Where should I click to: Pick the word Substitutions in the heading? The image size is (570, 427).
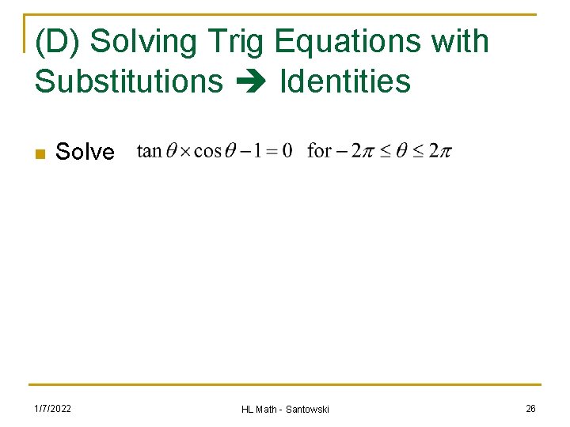pyautogui.click(x=129, y=81)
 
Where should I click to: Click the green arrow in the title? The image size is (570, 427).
pyautogui.click(x=251, y=81)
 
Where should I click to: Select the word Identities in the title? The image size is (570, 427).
pyautogui.click(x=345, y=81)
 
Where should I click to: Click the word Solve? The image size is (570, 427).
pyautogui.click(x=85, y=152)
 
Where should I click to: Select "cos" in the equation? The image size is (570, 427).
pyautogui.click(x=207, y=150)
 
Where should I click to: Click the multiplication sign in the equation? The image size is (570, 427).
pyautogui.click(x=184, y=151)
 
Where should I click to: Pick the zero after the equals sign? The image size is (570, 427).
pyautogui.click(x=287, y=150)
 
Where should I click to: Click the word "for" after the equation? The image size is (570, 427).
pyautogui.click(x=319, y=149)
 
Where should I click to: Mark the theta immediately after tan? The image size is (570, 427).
pyautogui.click(x=169, y=150)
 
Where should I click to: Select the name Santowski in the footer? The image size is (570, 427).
pyautogui.click(x=304, y=409)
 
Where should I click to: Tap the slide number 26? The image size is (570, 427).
pyautogui.click(x=530, y=408)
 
